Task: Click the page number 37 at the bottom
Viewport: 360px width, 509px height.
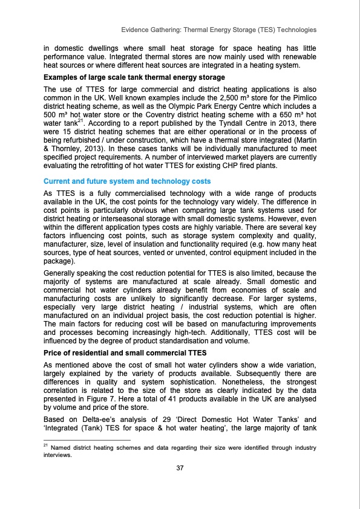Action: click(180, 468)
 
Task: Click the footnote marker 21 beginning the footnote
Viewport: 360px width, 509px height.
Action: click(45, 445)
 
